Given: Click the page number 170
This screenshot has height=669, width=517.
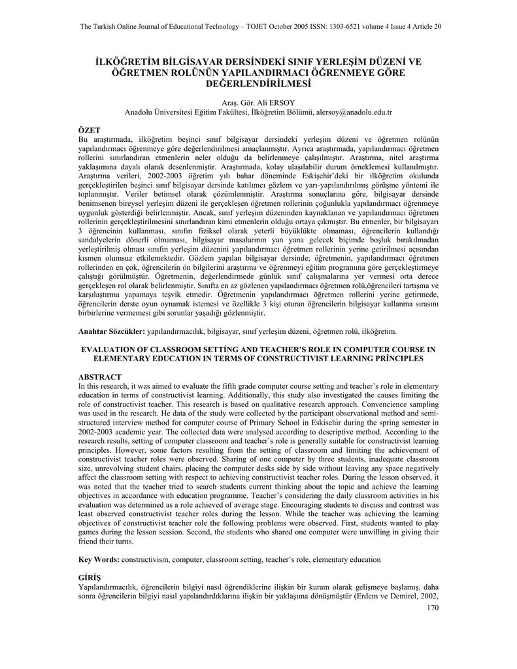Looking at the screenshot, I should point(431,608).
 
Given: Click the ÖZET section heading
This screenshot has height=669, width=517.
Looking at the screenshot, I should point(88,131).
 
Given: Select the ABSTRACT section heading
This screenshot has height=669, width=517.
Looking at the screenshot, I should point(100,378).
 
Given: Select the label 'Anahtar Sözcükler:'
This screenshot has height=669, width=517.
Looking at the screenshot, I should point(112,333).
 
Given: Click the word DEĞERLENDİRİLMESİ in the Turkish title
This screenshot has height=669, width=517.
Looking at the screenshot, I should point(258,84).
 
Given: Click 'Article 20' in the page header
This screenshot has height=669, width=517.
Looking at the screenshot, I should point(427,26).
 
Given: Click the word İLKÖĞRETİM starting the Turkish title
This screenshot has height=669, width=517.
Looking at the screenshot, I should point(128,62).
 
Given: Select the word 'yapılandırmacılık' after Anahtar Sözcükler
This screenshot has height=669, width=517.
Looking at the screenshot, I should point(175,333).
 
